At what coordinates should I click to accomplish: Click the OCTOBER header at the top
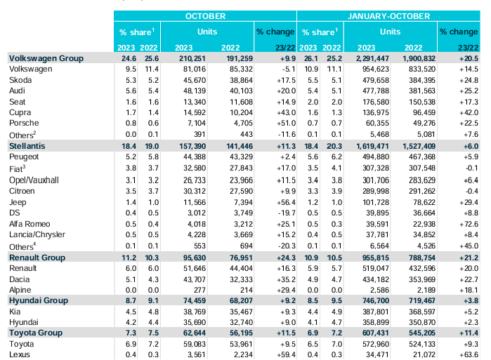tap(205, 16)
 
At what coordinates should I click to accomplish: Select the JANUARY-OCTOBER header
tap(388, 16)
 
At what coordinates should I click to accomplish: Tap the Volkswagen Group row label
tap(46, 58)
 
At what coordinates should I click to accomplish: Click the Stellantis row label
tap(27, 146)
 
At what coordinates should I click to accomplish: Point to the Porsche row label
tap(24, 123)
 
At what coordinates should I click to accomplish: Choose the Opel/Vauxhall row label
tap(34, 180)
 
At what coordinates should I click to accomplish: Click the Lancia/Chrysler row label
tap(37, 234)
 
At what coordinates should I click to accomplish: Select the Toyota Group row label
tap(36, 333)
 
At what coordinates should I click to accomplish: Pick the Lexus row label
tap(20, 354)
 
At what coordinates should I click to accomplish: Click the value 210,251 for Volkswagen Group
tap(192, 58)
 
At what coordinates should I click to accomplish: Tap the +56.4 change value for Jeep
tap(286, 202)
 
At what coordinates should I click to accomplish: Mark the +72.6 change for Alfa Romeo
tap(469, 224)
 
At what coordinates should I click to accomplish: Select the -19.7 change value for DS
tap(287, 213)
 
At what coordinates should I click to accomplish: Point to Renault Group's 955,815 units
tap(375, 258)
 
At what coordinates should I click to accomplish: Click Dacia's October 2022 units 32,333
tap(241, 279)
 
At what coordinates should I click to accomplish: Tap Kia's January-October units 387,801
tap(376, 312)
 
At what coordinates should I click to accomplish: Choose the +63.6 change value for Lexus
tap(469, 354)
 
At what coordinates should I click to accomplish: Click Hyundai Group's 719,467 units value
tap(421, 300)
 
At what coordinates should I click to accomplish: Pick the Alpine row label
tap(20, 291)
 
